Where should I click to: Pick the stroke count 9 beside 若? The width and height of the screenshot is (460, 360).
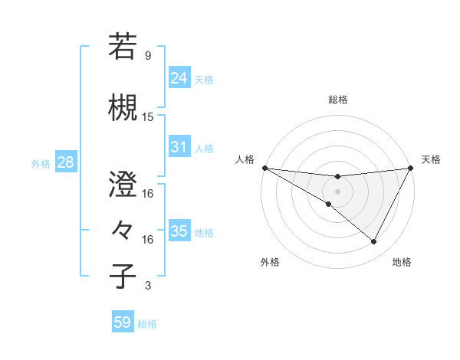click(x=147, y=56)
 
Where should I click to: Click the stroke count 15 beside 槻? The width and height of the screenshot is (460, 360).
click(x=148, y=117)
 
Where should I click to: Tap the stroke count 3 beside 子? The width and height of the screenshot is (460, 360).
click(x=147, y=286)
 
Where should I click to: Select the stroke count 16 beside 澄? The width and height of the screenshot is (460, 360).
click(x=148, y=194)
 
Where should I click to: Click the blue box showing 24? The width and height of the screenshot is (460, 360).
click(x=179, y=78)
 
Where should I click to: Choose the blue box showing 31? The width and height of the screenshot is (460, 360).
click(x=179, y=147)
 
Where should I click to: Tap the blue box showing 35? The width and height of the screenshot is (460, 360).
click(x=179, y=231)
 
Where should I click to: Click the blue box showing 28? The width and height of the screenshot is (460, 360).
click(x=64, y=162)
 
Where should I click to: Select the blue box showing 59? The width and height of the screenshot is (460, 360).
click(x=122, y=322)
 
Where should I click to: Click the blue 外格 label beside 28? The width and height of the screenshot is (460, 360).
click(x=41, y=163)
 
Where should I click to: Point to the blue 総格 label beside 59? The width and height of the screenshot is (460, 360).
click(x=147, y=324)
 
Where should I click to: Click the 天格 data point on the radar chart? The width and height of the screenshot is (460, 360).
click(x=411, y=168)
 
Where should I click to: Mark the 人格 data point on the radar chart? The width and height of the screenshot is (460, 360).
click(x=264, y=168)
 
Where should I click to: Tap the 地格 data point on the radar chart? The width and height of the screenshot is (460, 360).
click(x=374, y=242)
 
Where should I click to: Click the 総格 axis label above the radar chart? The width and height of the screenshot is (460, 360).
click(x=337, y=100)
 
